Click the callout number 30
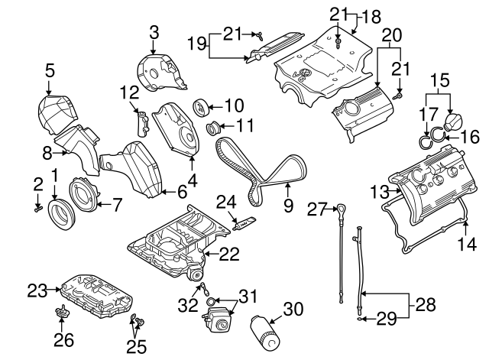point(293,310)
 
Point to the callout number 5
point(50,70)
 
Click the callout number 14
point(468,244)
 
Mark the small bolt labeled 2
point(38,207)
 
